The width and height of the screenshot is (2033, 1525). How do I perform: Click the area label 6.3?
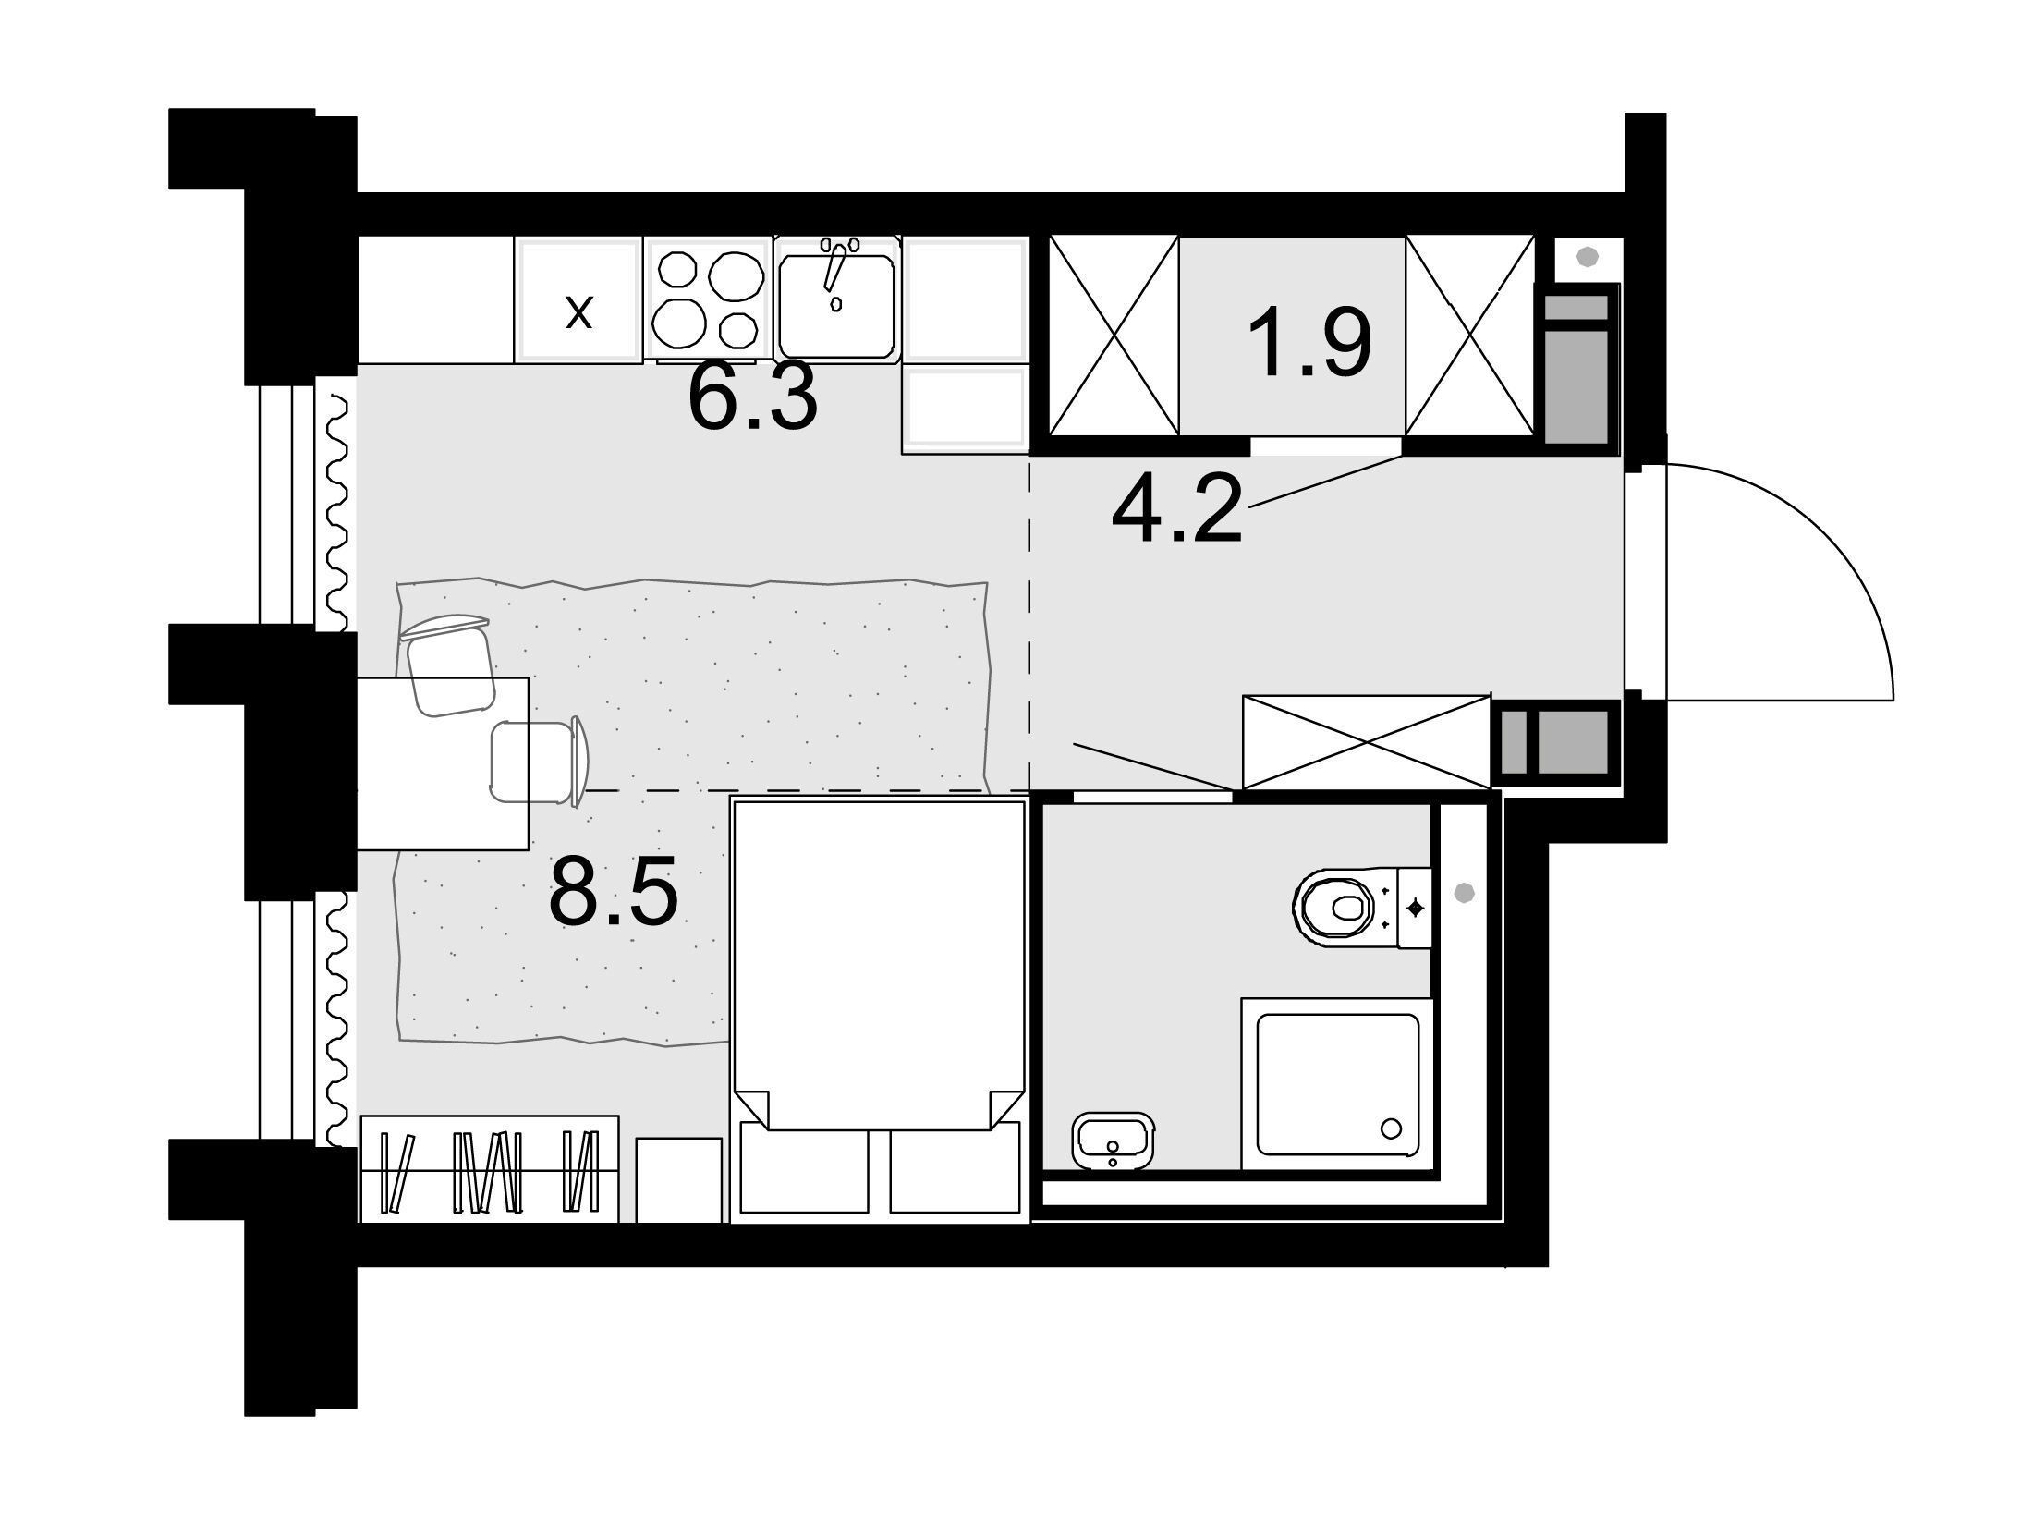click(753, 397)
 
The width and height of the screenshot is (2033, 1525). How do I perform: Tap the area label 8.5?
click(614, 890)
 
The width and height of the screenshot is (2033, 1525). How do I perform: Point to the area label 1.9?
click(1309, 343)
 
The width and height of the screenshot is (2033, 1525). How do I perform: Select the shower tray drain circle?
click(1390, 1128)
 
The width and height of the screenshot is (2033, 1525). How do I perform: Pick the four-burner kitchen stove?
click(709, 298)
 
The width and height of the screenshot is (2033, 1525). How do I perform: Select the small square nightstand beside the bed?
click(679, 1180)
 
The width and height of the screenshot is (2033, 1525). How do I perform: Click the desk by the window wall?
click(443, 763)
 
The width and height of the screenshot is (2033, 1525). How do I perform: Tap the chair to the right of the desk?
click(541, 762)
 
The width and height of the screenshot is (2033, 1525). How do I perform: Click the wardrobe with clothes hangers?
click(489, 1169)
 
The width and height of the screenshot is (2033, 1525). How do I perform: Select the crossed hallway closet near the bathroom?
click(1367, 743)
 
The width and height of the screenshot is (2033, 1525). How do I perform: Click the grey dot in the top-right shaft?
click(1587, 257)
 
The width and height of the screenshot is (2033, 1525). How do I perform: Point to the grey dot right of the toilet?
click(1464, 893)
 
